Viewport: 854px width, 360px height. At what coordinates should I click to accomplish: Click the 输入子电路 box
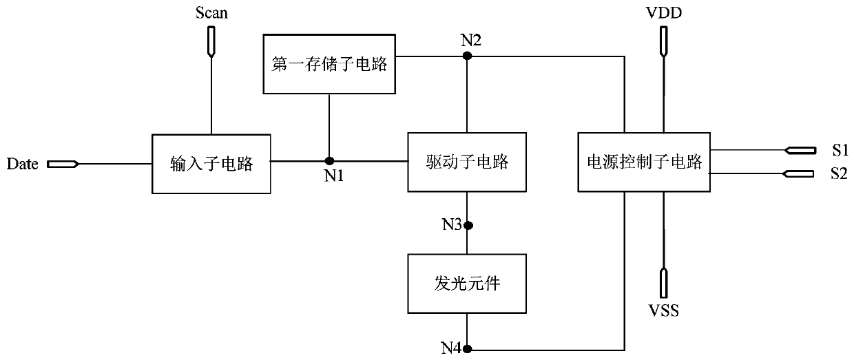211,164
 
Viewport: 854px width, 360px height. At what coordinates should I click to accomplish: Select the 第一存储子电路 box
329,64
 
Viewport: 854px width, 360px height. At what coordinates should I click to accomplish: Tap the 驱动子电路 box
467,162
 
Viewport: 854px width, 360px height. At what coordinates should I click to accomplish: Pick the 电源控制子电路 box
644,162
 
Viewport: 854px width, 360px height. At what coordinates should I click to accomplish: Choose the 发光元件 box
467,284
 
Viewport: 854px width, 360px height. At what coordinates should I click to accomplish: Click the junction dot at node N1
329,161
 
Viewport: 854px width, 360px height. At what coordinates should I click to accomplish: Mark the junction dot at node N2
467,56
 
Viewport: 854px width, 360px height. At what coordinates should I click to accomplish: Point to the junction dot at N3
468,226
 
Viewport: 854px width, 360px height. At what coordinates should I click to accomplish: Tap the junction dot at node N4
467,348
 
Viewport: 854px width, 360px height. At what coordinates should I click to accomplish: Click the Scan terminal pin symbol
211,41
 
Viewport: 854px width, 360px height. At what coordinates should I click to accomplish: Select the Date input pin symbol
63,165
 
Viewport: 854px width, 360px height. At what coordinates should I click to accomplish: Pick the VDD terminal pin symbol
664,41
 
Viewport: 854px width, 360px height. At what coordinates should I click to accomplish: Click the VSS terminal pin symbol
664,283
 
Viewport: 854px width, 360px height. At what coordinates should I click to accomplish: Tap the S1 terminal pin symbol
800,151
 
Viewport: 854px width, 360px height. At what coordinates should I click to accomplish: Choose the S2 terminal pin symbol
798,174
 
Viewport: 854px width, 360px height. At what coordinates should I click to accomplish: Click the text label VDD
664,13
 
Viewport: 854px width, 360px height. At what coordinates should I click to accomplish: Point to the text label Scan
211,13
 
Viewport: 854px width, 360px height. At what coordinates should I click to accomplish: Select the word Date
23,164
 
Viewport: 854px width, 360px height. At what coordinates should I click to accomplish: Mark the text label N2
471,40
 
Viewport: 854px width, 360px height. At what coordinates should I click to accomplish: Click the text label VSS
664,311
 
